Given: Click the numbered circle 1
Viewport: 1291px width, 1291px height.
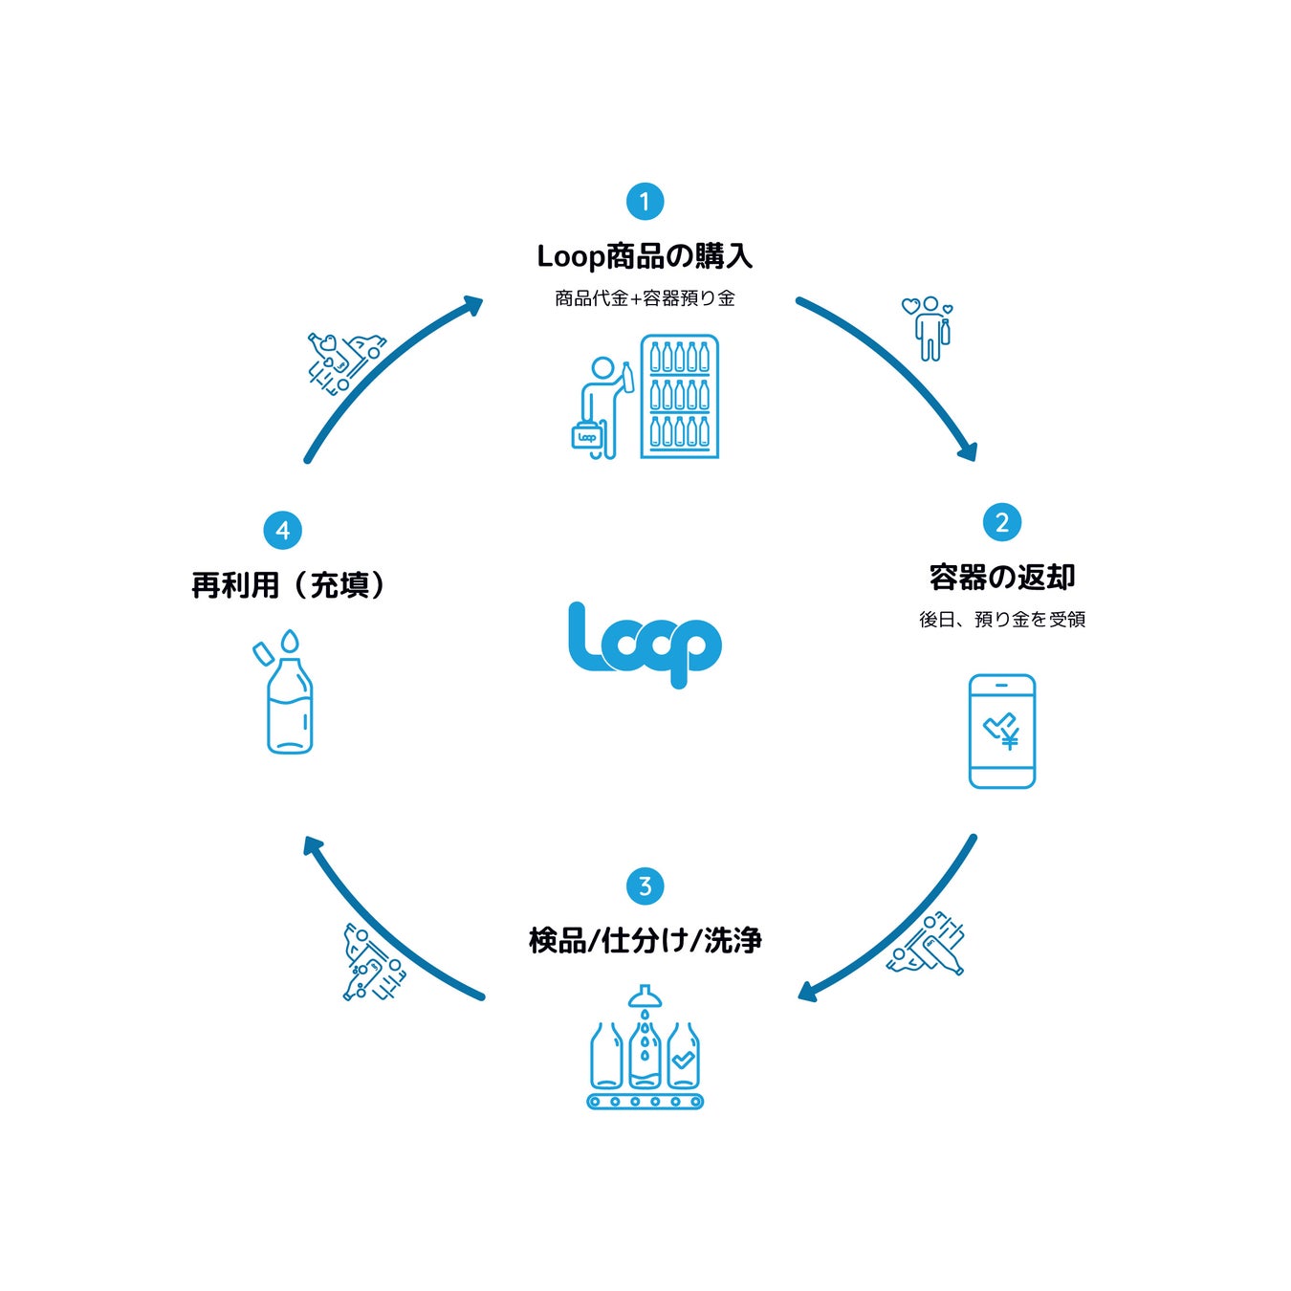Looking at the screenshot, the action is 645,202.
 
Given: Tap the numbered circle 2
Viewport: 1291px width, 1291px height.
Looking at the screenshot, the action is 1002,522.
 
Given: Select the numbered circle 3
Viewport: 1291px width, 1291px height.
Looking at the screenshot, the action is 645,886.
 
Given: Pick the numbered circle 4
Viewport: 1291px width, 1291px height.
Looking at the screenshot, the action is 282,531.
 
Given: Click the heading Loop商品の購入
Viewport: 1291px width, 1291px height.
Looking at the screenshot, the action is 645,256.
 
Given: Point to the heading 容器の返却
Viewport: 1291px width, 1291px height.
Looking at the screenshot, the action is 1002,578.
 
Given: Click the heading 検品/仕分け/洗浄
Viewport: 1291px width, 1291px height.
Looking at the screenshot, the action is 645,941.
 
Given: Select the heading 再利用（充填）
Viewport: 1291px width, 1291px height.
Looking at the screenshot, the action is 289,585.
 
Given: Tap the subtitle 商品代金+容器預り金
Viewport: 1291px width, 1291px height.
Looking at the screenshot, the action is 645,298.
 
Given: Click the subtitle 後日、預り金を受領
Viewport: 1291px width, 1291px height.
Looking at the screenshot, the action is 1002,620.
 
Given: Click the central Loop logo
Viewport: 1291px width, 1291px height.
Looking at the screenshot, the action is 645,644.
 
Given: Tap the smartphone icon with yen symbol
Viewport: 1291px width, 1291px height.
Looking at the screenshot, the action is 1002,732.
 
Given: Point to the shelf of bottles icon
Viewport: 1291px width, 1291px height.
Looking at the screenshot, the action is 679,396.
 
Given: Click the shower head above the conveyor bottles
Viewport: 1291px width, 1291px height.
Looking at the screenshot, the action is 645,997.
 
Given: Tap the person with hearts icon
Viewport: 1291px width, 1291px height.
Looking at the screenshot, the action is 929,328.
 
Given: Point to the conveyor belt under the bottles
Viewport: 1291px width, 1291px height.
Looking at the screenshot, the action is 645,1102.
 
